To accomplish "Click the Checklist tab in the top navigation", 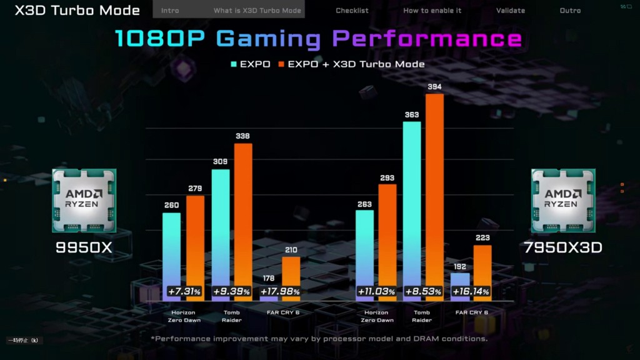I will (352, 11).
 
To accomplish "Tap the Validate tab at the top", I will (511, 11).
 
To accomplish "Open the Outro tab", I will (570, 11).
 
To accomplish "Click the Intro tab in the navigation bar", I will (170, 11).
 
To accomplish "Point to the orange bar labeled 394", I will (434, 187).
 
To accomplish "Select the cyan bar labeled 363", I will (412, 200).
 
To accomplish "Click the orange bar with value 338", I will (243, 212).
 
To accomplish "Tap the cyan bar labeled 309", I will (221, 225).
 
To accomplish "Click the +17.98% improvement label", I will (279, 292).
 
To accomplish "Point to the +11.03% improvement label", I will (376, 292).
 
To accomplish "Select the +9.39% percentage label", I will (231, 292).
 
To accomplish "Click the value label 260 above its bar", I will (171, 205).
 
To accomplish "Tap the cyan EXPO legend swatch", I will (234, 64).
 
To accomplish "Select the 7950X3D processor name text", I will (563, 247).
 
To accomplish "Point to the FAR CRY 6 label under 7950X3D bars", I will (472, 312).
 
